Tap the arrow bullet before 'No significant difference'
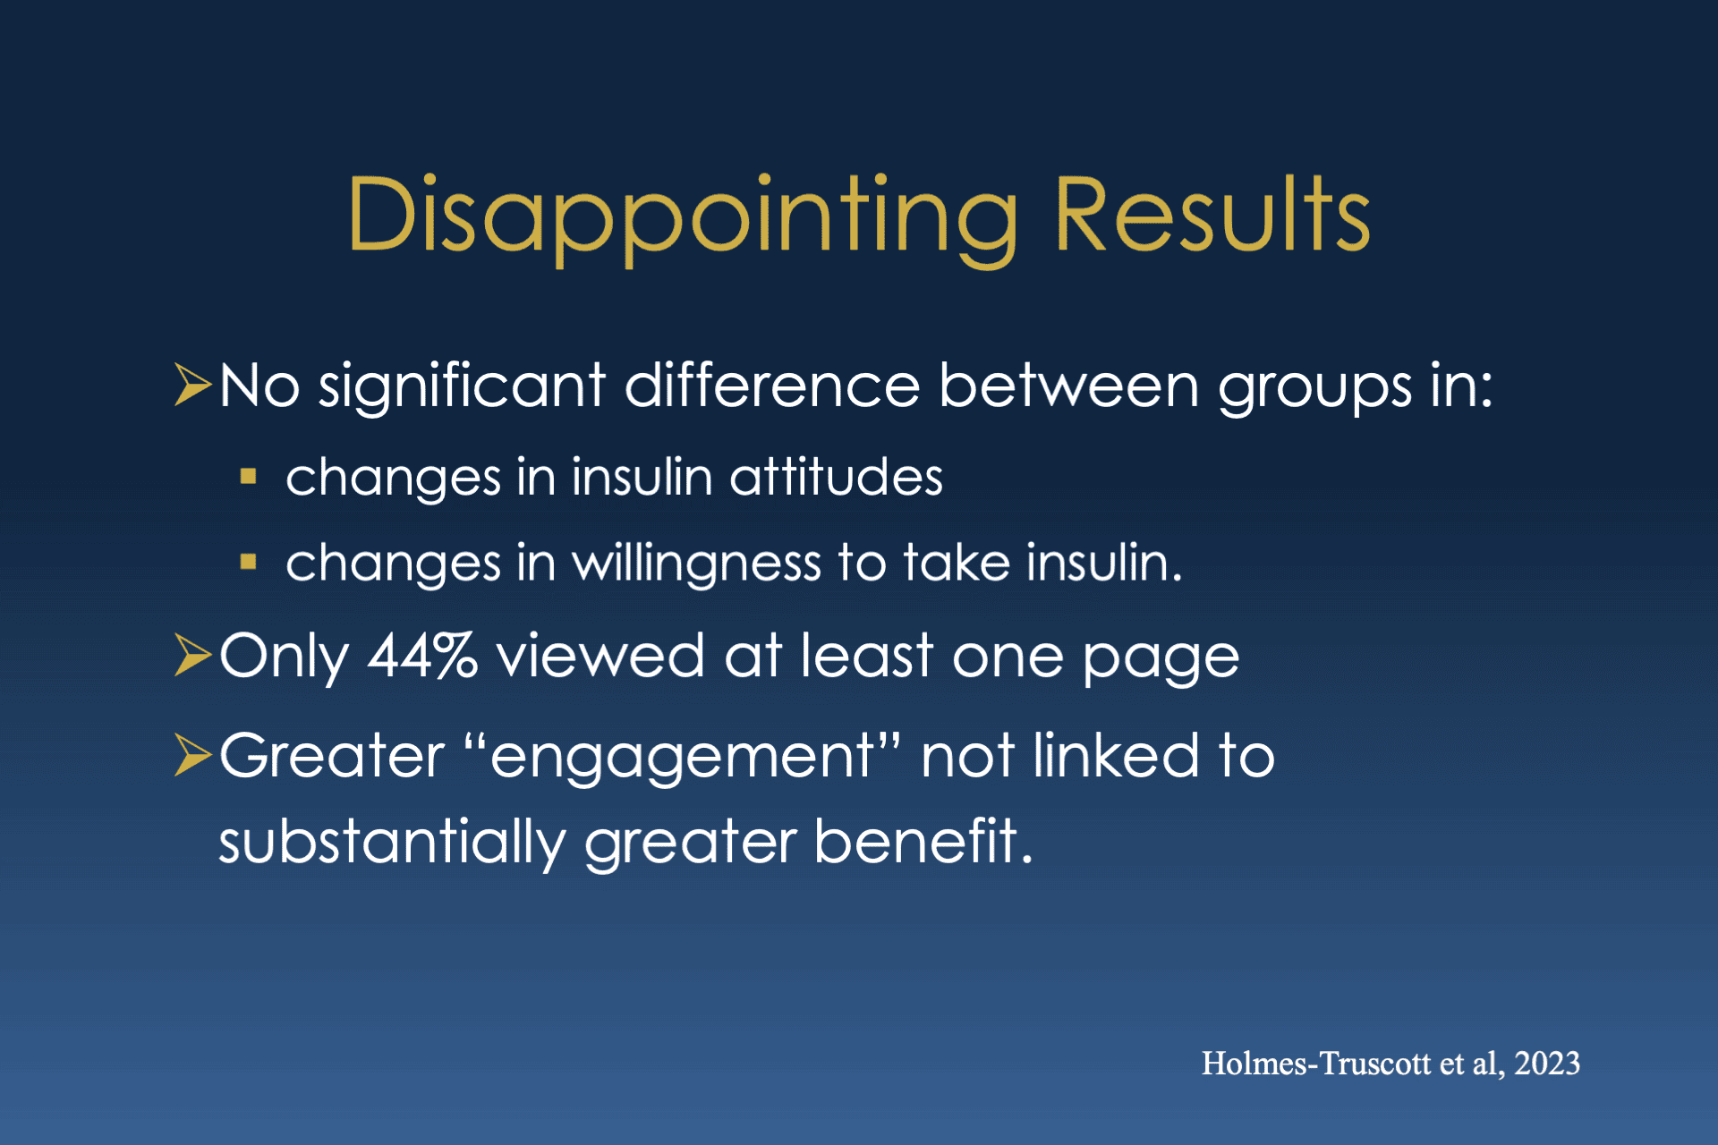coord(192,385)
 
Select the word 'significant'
coord(462,386)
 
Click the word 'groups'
coord(1314,390)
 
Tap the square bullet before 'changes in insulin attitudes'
coord(249,477)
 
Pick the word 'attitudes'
coord(836,476)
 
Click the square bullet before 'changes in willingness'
coord(249,563)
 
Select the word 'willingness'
coord(696,564)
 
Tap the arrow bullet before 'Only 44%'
coord(192,655)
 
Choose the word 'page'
coord(1161,660)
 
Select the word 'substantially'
coord(392,843)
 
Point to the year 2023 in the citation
coord(1547,1063)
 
